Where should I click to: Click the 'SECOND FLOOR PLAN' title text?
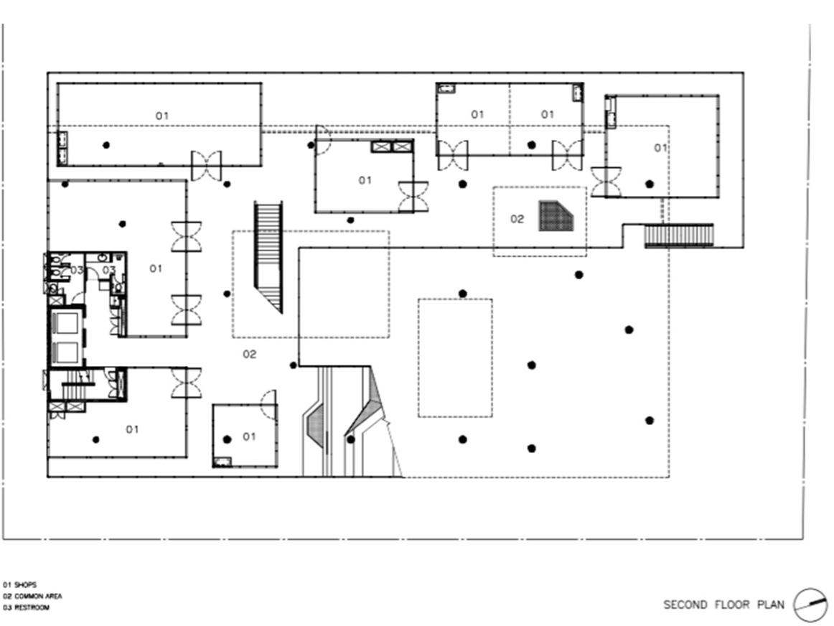click(x=723, y=604)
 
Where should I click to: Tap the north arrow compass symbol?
click(x=810, y=604)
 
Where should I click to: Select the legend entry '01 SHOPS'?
click(x=19, y=585)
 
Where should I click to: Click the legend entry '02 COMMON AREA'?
click(x=32, y=597)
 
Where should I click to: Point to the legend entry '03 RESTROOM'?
click(x=26, y=608)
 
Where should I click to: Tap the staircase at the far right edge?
click(x=679, y=235)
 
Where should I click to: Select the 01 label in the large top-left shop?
click(x=162, y=116)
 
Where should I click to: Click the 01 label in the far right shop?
click(x=660, y=148)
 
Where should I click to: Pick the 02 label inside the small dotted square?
click(x=517, y=219)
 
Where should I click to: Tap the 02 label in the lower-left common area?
click(x=249, y=354)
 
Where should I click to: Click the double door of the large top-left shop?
click(x=206, y=166)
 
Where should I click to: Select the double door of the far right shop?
click(x=606, y=181)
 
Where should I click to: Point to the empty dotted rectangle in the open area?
click(x=455, y=358)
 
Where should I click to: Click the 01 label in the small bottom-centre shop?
click(x=249, y=436)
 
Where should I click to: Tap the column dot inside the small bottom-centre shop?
click(x=228, y=439)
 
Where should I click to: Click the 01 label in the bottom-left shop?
click(x=132, y=429)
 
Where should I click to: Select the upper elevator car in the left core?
click(x=66, y=323)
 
